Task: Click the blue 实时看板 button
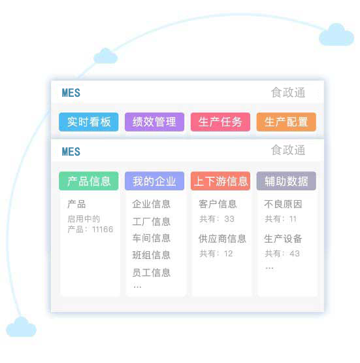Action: pos(89,122)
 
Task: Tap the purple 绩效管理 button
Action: pos(154,122)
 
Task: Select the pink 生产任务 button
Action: pos(220,122)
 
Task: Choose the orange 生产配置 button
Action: pos(286,122)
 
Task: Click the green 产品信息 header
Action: pos(89,181)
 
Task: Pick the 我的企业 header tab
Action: pos(154,181)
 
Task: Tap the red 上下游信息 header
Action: pos(220,181)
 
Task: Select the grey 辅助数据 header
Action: pos(286,181)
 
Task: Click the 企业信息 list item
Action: pos(152,204)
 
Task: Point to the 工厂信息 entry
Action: pos(152,222)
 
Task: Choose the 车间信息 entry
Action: pos(152,238)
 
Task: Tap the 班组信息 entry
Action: pos(152,255)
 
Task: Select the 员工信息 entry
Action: pos(152,273)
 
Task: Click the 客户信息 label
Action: pos(218,204)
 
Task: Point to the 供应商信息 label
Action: pos(222,239)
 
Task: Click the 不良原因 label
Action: pos(284,204)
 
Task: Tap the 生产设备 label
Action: pos(284,239)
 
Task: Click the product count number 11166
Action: pos(103,230)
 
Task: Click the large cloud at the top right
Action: pos(336,35)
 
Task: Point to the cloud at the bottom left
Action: pos(21,327)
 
